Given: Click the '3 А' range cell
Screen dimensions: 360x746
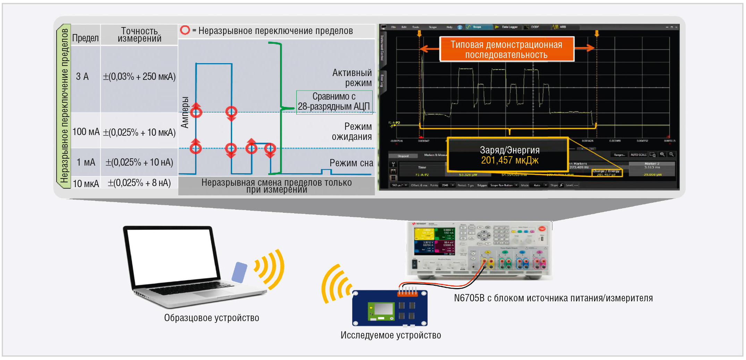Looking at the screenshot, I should [83, 77].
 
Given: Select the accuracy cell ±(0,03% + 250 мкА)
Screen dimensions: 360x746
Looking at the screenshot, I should [139, 77].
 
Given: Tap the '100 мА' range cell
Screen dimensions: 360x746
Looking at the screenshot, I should [86, 132].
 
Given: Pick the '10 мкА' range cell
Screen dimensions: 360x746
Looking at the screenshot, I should [86, 183].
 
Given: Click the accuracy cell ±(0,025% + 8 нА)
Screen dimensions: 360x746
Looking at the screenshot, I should [139, 183].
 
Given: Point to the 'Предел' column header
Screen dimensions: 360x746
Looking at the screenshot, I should [85, 38].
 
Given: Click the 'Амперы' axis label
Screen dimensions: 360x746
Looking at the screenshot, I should [185, 112].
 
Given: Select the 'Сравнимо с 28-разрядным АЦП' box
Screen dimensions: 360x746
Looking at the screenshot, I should [334, 102].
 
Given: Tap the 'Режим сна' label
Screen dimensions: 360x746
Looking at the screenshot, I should [351, 163].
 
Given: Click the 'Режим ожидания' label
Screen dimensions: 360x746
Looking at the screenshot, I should [352, 132].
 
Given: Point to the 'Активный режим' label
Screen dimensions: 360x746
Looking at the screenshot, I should [352, 78].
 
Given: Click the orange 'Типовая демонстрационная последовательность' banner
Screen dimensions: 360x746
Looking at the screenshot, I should [506, 50].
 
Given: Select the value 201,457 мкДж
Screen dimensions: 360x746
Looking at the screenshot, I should [509, 160].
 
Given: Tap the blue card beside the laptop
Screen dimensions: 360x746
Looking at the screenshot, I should [239, 272].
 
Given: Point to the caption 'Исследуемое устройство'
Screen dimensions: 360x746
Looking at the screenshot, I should [391, 335].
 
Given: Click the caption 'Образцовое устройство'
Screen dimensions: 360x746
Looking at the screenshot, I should [212, 318].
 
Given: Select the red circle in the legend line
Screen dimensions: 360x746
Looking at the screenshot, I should [185, 30].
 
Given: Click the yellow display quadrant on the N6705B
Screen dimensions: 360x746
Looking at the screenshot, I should [424, 234].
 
